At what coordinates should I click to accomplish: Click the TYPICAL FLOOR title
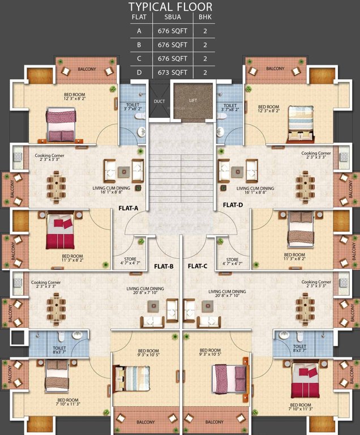[170, 7]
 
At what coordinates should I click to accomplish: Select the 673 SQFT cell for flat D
[171, 72]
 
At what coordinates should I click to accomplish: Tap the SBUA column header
[171, 17]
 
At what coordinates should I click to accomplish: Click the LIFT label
[193, 100]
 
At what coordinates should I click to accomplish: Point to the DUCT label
[159, 101]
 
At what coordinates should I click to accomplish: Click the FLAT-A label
[128, 208]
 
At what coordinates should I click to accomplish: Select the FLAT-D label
[233, 205]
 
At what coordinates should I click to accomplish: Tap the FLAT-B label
[164, 266]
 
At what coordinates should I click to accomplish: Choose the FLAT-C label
[198, 266]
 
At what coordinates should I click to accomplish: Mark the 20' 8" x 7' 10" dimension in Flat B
[145, 293]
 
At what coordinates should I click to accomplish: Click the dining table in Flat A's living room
[57, 187]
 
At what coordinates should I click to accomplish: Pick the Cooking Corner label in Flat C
[316, 282]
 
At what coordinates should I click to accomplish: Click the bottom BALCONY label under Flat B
[146, 421]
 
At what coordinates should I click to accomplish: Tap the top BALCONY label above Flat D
[275, 69]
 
